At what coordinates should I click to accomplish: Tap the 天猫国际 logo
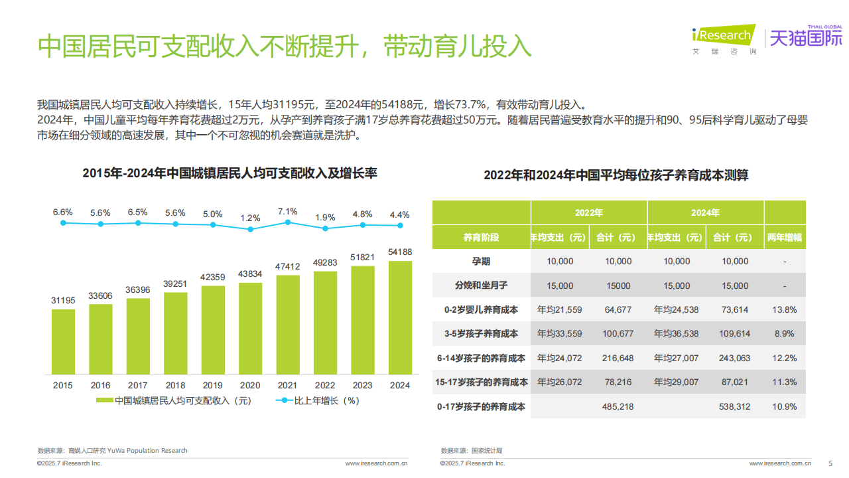tap(805, 39)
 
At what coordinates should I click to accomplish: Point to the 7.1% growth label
tap(287, 212)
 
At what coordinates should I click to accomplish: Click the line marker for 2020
tap(250, 229)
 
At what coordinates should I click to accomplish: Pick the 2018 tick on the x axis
tap(175, 385)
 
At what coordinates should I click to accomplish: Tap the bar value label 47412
tap(287, 267)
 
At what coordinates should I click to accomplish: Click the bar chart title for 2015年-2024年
tap(229, 173)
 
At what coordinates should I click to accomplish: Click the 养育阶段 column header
tap(481, 237)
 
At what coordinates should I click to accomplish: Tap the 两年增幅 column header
tap(785, 237)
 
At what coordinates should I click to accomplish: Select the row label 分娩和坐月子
tap(481, 285)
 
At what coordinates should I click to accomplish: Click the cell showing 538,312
tap(734, 406)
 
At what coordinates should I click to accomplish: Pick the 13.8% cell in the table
tap(785, 310)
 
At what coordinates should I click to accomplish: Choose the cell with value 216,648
tap(618, 358)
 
